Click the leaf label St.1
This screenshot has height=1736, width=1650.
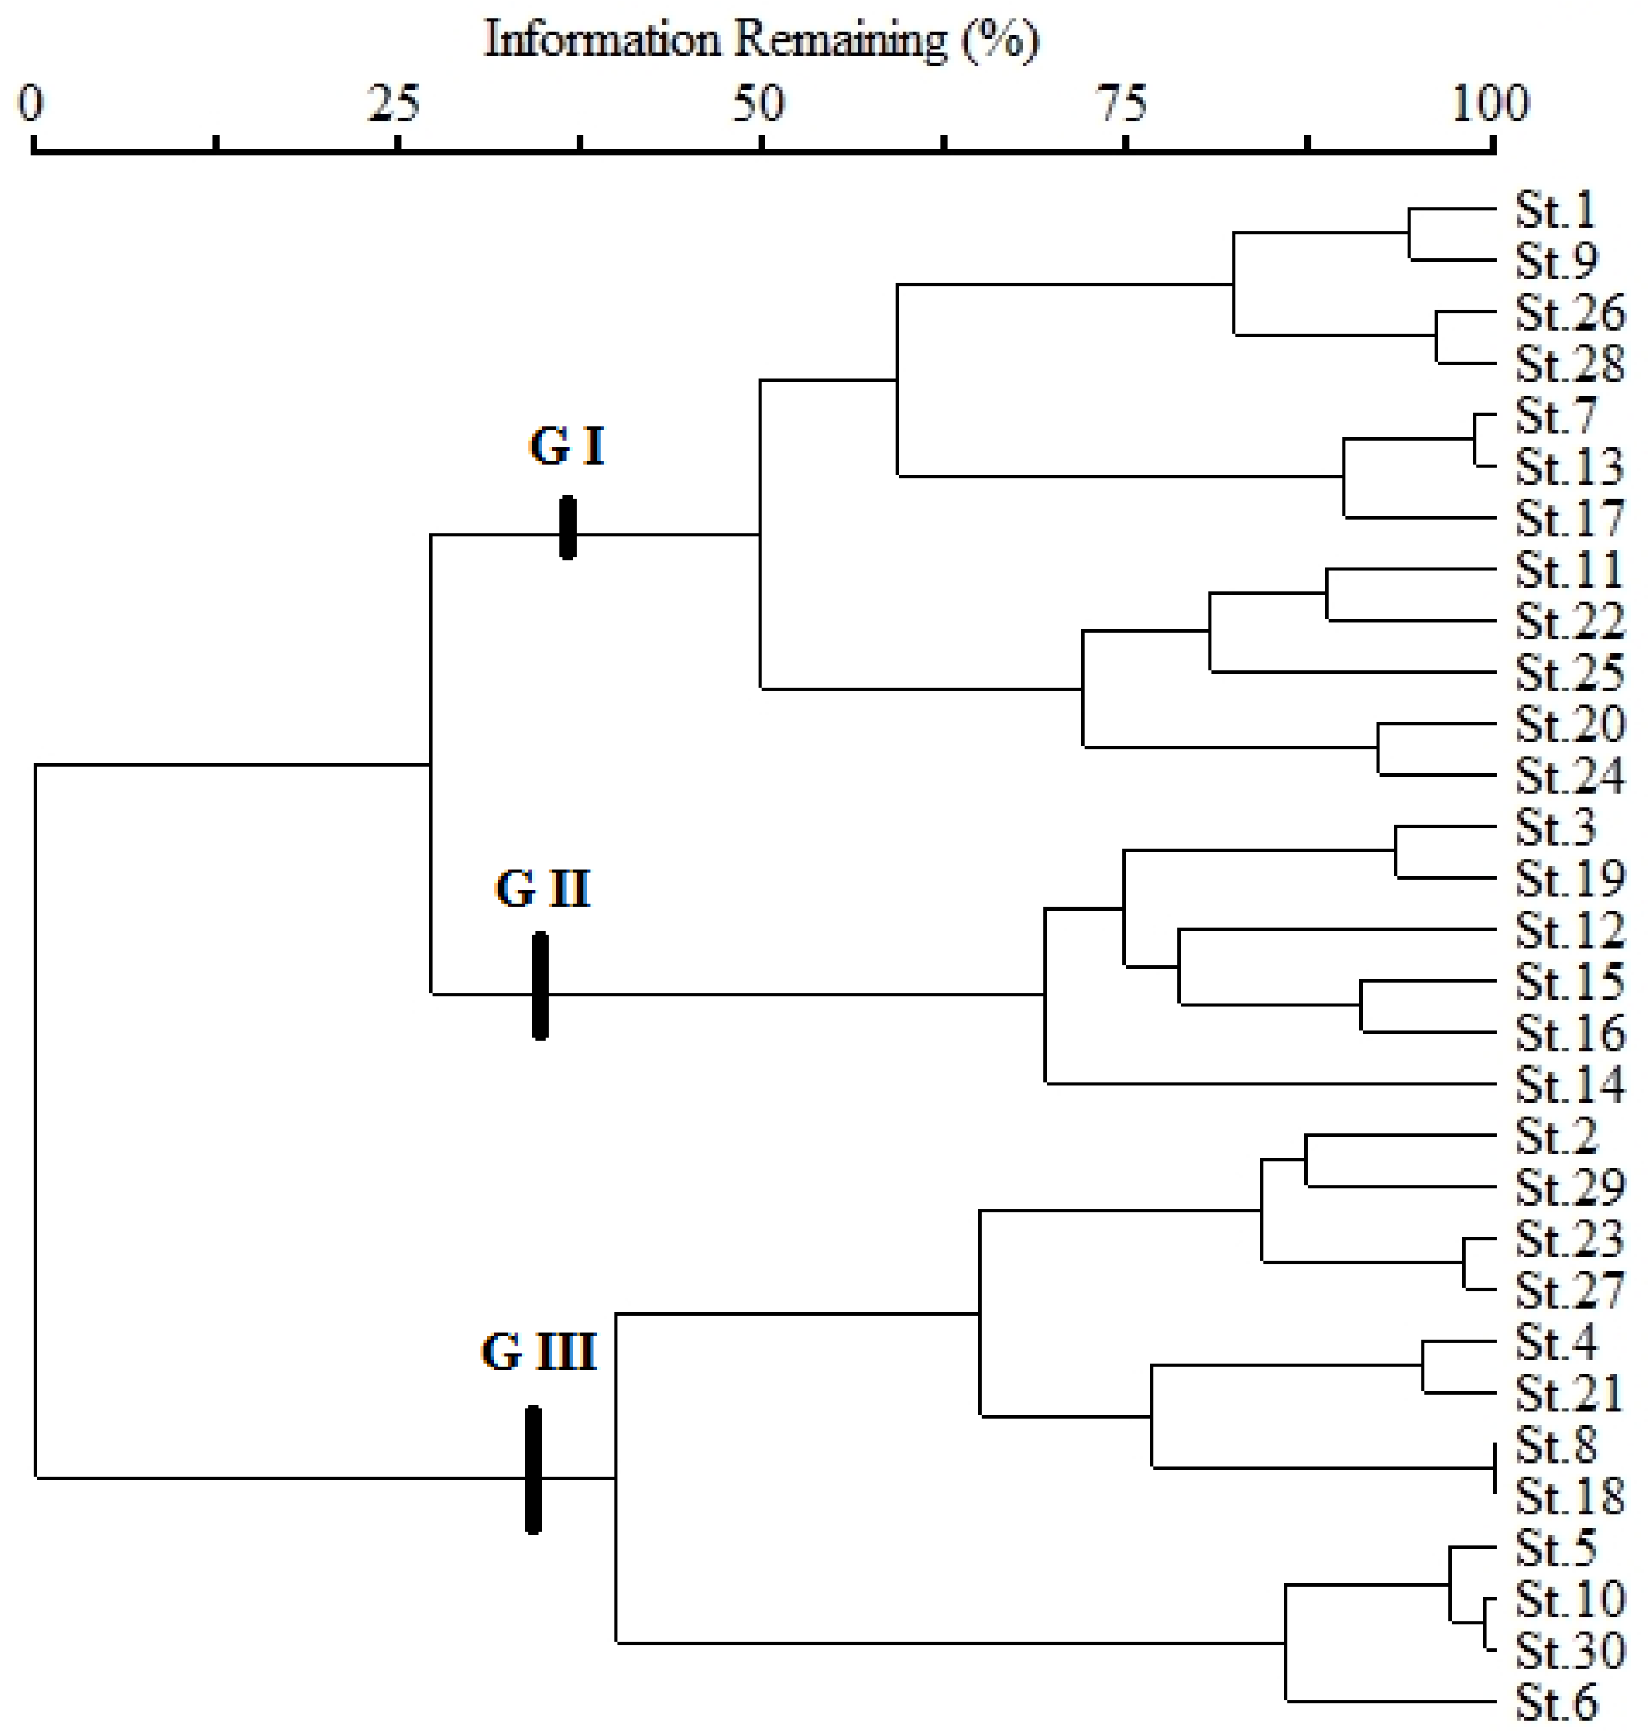pos(1554,210)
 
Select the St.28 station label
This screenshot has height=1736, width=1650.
pos(1568,364)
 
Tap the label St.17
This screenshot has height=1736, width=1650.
pos(1568,518)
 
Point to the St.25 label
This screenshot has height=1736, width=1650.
pos(1568,673)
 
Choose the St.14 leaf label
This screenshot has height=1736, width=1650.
pos(1568,1085)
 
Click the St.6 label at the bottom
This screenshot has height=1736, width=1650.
pos(1554,1703)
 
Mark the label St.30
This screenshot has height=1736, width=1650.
pos(1568,1651)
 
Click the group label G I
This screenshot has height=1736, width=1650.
pos(567,446)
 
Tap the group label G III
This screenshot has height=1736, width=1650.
pos(538,1352)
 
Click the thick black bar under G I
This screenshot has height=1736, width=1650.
pos(567,528)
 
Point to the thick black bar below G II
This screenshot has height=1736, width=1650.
pos(540,986)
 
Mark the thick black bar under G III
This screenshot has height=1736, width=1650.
pos(533,1470)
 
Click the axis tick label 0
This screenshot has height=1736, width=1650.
pos(31,104)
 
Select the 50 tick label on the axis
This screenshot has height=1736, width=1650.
pos(757,104)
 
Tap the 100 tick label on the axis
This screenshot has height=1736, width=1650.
pos(1490,104)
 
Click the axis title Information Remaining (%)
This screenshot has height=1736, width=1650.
pos(761,40)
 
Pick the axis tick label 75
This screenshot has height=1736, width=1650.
pos(1123,104)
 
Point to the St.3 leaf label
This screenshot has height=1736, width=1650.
pos(1554,827)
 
